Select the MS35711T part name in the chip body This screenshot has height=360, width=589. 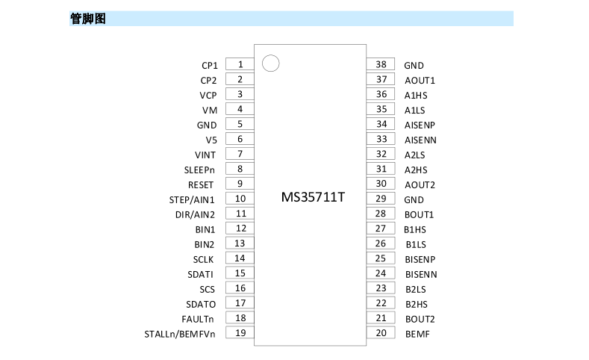pos(313,197)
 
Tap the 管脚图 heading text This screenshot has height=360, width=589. pos(88,19)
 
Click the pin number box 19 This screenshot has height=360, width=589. pos(240,332)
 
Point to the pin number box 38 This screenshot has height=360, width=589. pos(381,64)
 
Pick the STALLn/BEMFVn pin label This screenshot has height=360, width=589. pos(180,334)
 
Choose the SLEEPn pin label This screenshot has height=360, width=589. pos(199,170)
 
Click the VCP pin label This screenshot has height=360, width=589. pos(208,96)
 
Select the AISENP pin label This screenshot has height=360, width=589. pos(420,125)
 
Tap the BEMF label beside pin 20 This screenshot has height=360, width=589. pos(417,334)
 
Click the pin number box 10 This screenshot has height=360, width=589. pos(240,199)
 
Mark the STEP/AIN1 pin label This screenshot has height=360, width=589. pos(192,200)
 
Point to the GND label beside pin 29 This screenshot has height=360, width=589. pos(414,200)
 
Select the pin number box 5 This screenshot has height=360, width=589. pos(240,124)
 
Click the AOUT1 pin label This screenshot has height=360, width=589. pos(420,81)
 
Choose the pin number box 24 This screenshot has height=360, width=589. pos(381,273)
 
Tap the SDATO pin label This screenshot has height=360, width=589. pos(201,305)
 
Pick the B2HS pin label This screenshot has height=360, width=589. pos(417,305)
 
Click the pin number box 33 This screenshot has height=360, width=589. pos(381,139)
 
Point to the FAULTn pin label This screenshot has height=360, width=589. pos(198,320)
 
